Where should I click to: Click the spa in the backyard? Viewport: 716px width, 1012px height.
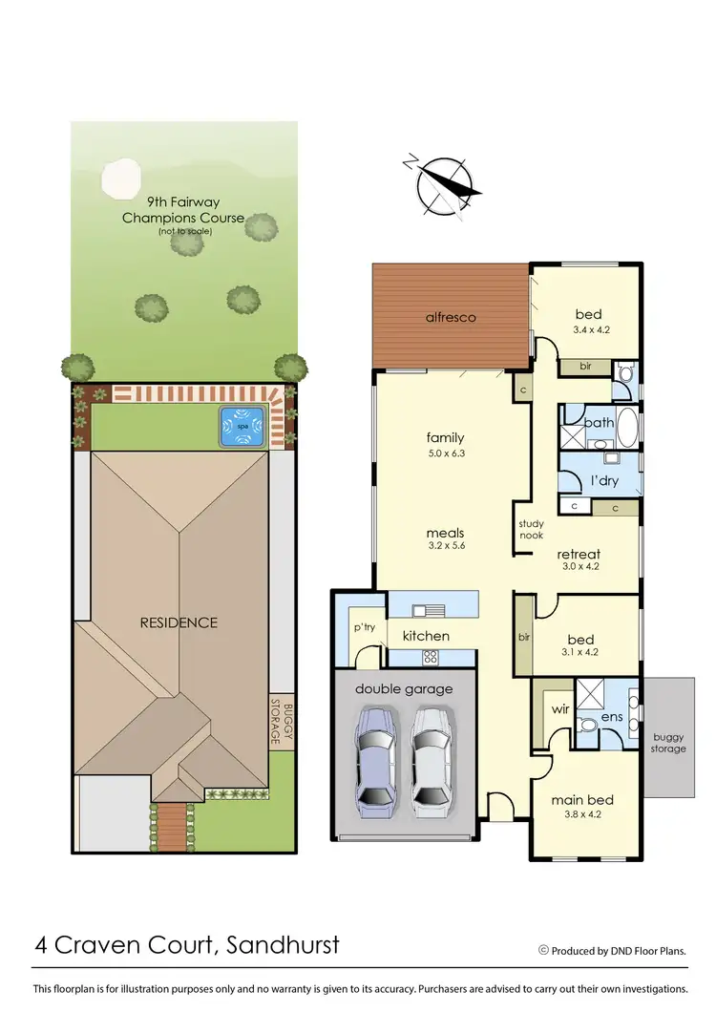click(241, 427)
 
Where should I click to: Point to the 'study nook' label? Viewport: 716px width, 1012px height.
click(531, 529)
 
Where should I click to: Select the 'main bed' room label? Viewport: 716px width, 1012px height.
click(581, 799)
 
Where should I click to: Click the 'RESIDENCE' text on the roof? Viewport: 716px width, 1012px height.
click(179, 622)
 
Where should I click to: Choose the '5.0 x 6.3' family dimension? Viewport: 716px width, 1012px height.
click(445, 454)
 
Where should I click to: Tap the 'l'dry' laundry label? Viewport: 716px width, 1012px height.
click(605, 479)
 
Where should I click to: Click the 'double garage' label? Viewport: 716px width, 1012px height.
click(404, 688)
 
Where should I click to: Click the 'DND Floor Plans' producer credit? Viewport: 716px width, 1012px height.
click(642, 951)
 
